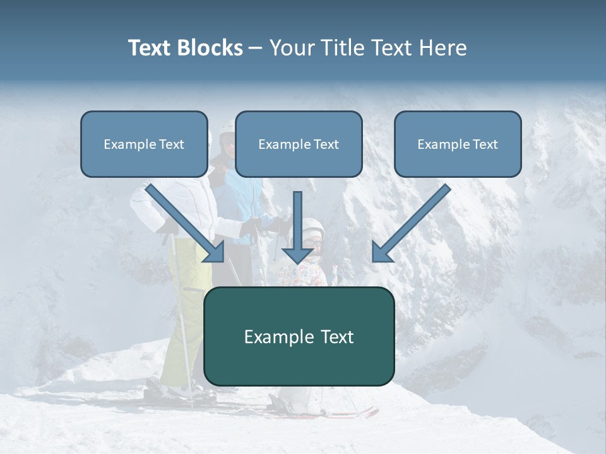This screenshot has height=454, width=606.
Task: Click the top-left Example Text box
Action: click(144, 144)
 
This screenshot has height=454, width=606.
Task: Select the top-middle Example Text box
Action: click(299, 144)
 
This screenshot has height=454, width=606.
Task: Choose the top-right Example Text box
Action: click(458, 144)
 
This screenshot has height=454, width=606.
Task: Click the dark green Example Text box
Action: click(299, 336)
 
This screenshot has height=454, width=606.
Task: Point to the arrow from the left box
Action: click(186, 224)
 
